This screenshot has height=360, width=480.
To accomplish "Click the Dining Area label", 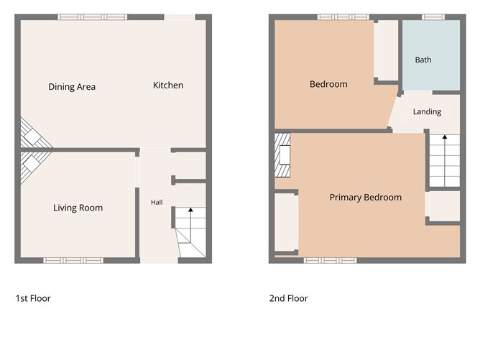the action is (72, 87).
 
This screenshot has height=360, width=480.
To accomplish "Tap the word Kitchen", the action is (168, 85).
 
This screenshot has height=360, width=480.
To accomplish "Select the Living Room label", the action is (78, 208).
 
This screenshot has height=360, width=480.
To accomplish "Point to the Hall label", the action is (157, 203).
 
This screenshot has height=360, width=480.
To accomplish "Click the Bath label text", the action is (423, 60).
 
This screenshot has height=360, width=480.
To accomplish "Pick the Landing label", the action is (427, 111).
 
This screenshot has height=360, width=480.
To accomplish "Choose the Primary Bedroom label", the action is (366, 198).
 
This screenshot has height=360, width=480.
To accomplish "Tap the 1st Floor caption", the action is (33, 298).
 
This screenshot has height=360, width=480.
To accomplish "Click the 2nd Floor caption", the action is (289, 298).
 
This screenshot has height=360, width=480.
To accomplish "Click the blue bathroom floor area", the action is (431, 55).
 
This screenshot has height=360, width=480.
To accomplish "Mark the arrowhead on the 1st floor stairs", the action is (190, 210).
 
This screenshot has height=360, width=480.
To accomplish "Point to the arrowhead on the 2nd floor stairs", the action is (445, 137).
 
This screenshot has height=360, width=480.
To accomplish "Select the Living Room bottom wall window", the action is (73, 261).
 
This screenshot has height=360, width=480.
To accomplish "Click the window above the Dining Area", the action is (93, 17).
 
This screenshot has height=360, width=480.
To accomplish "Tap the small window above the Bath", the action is (433, 17).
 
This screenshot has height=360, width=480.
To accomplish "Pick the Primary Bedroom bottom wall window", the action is (331, 261).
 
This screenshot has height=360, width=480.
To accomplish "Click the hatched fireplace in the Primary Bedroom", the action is (282, 155).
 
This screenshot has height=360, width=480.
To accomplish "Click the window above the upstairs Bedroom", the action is (343, 17).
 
